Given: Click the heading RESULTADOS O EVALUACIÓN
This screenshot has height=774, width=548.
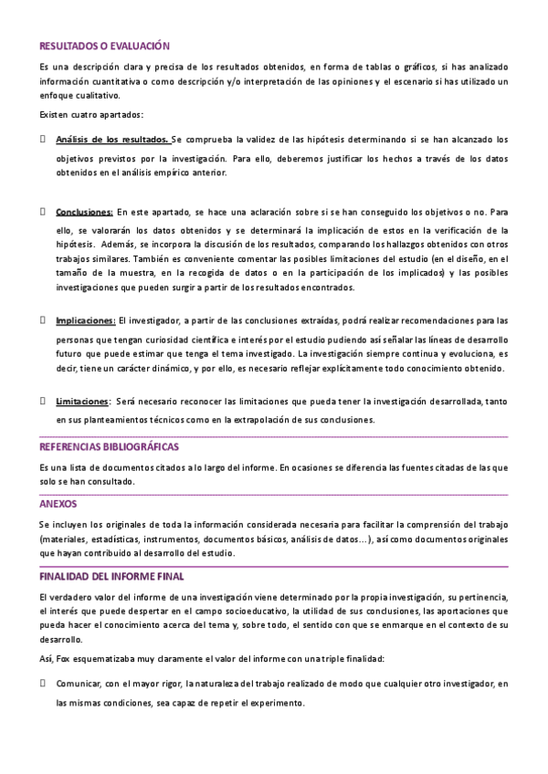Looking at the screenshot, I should pos(104,45).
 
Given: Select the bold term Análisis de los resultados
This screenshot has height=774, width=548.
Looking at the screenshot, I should pos(111,140).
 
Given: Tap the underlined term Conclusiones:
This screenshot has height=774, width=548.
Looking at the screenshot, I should pos(84,211).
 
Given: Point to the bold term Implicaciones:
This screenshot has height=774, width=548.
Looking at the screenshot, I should pos(86,320).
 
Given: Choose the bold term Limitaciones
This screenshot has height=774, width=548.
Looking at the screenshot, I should pos(81,401).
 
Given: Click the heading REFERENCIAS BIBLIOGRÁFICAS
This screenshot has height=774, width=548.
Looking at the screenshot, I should pos(109,447).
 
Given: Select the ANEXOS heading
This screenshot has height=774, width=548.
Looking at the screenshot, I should pos(58,503).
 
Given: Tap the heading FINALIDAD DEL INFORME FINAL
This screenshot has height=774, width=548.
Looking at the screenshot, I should pos(111,577).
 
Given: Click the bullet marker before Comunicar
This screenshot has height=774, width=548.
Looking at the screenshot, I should pos(43,682).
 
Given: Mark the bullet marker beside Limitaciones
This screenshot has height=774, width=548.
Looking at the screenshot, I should pos(43,401).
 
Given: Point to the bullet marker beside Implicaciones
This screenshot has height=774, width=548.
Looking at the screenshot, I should pos(43,320).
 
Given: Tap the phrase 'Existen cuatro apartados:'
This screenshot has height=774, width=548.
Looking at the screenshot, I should pos(91,114).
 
